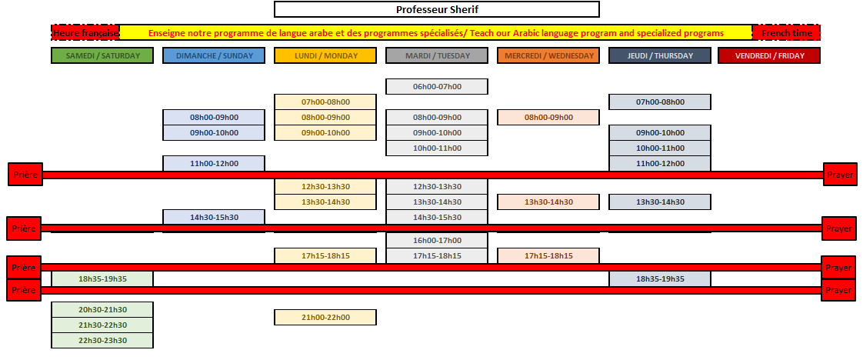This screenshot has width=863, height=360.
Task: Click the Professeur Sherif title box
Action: (436, 9)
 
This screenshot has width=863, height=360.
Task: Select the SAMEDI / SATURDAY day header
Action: (102, 55)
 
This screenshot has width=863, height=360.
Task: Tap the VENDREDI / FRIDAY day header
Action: (769, 55)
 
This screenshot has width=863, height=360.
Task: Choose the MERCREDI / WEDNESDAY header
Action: (548, 55)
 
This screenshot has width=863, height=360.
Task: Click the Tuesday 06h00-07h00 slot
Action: (437, 86)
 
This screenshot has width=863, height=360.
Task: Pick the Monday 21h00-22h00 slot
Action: (325, 318)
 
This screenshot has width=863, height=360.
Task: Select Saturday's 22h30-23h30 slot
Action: (102, 341)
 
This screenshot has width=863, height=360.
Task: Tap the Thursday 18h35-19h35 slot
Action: (660, 279)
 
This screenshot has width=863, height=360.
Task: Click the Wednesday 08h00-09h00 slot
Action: (548, 117)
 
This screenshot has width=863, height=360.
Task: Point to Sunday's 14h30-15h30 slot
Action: (214, 217)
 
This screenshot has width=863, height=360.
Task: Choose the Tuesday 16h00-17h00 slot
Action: (437, 241)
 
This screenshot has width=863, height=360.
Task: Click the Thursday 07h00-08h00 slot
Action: (660, 102)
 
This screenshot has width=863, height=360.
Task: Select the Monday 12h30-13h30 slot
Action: (325, 187)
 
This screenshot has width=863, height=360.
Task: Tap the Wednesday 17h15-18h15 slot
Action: (548, 256)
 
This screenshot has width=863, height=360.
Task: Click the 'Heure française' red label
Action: (85, 33)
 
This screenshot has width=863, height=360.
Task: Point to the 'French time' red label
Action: (787, 33)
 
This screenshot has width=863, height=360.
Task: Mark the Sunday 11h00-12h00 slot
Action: (214, 164)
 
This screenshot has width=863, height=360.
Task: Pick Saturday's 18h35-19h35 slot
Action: (102, 279)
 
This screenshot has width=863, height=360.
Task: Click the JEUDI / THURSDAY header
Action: (660, 55)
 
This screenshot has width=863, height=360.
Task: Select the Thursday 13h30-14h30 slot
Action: (660, 202)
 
